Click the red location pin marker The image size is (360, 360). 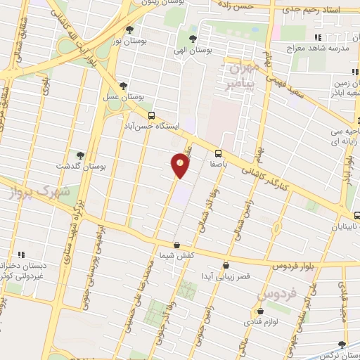181,165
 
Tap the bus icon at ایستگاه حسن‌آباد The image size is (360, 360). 151,115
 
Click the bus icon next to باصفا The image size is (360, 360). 218,153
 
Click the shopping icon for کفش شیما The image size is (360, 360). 176,245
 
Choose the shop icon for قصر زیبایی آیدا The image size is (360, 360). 226,265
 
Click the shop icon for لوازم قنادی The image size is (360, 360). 261,310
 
